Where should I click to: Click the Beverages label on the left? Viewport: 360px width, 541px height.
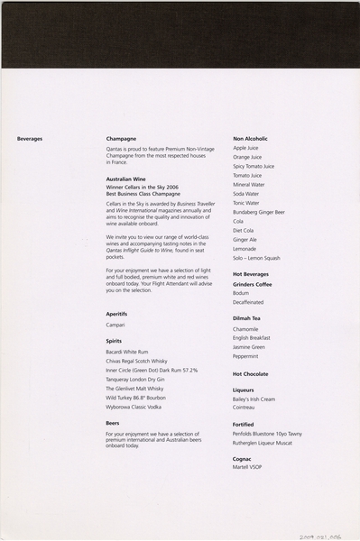30,139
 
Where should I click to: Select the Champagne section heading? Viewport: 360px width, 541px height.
121,139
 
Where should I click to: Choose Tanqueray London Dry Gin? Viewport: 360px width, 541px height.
141,379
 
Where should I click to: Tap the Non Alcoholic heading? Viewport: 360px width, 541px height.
250,139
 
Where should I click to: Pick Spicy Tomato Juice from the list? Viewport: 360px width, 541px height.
254,166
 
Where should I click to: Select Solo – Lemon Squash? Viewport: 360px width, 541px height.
256,258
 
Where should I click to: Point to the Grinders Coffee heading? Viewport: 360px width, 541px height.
253,284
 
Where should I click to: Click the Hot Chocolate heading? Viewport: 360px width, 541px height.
251,373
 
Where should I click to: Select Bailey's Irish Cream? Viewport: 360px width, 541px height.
254,399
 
